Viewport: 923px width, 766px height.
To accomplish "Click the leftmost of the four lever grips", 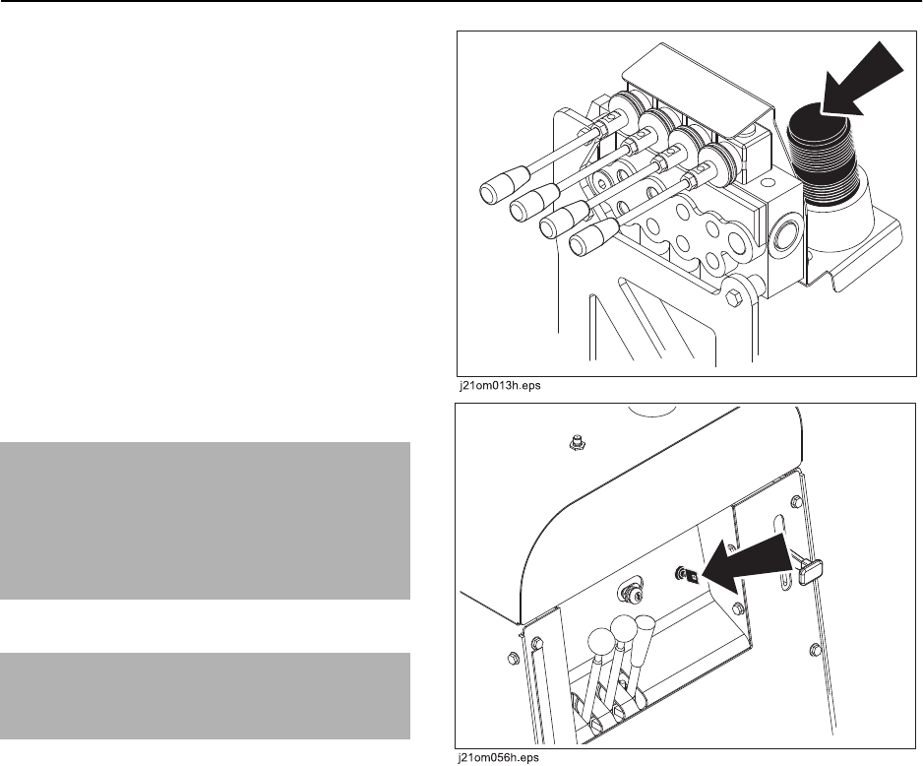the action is pyautogui.click(x=503, y=184).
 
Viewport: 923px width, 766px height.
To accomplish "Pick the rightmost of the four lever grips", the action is pyautogui.click(x=593, y=236).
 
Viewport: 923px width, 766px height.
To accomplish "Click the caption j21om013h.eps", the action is pyautogui.click(x=500, y=386).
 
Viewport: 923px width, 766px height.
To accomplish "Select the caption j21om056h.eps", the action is pyautogui.click(x=499, y=758).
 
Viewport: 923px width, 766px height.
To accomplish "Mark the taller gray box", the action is pyautogui.click(x=205, y=521).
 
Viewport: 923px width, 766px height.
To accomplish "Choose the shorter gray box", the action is pyautogui.click(x=205, y=695).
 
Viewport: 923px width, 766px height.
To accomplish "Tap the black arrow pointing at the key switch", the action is pyautogui.click(x=745, y=564).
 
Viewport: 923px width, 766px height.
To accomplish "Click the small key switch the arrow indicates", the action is pyautogui.click(x=687, y=575).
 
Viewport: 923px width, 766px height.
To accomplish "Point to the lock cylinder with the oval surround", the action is pyautogui.click(x=632, y=596).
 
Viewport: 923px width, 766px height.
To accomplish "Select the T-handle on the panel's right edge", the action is pyautogui.click(x=808, y=569).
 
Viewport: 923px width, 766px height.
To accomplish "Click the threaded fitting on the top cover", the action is pyautogui.click(x=579, y=442).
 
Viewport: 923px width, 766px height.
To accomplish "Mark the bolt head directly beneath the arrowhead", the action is pyautogui.click(x=738, y=607).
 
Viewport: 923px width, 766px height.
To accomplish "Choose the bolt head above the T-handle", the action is pyautogui.click(x=797, y=502).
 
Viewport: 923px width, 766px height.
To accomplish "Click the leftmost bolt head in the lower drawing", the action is pyautogui.click(x=511, y=657).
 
